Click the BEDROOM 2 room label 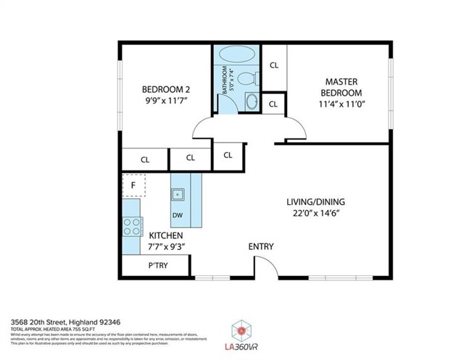tap(165, 90)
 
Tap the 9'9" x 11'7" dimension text tap(165, 101)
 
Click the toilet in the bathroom tap(244, 78)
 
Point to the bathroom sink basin tap(252, 101)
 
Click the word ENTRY tap(261, 247)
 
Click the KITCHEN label tap(165, 236)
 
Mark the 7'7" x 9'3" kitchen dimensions tap(165, 248)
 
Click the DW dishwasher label tap(178, 215)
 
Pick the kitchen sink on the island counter tap(178, 193)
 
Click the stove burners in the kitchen tap(131, 227)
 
